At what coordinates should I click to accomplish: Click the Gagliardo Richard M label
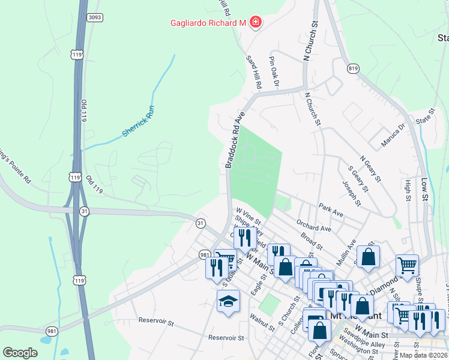208,23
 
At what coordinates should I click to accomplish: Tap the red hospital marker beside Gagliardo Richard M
256,23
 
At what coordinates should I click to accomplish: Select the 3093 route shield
94,17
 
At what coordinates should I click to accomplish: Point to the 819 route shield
352,69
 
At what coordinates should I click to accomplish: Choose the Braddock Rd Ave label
236,139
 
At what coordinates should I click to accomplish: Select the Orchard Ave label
314,225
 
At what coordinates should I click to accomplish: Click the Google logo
20,353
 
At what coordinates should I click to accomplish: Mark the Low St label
425,188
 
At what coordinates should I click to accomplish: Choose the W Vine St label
249,216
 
